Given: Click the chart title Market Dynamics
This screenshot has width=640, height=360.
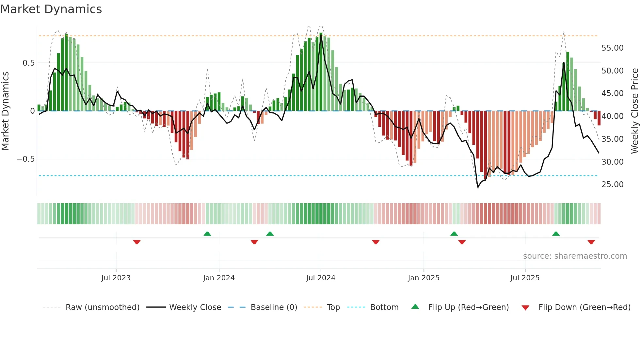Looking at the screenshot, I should pos(51,9).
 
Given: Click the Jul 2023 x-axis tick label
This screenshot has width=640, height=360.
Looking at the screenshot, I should pos(116,278).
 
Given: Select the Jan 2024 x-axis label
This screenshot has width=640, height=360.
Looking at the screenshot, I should pos(219,278).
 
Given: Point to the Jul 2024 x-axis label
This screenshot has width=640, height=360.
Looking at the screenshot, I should pos(321,278).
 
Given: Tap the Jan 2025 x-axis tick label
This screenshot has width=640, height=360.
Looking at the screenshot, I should pos(424,278).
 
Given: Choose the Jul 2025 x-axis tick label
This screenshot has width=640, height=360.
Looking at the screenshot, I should pos(525,278).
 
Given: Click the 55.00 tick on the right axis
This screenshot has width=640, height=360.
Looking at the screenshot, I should pos(612,48).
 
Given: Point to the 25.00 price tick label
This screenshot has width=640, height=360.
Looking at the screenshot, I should pos(612,185).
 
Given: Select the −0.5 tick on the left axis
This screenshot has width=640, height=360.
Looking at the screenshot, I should pos(25,159).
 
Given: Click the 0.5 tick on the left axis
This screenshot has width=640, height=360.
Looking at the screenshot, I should pos(28,63).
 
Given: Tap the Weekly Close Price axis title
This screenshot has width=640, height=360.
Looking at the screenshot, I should pos(634,111).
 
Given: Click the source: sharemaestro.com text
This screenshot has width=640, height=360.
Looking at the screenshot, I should pos(575,256).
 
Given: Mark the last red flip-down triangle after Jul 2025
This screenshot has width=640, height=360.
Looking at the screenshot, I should pos(591,242).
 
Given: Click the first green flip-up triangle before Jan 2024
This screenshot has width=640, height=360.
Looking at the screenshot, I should pos(207,234).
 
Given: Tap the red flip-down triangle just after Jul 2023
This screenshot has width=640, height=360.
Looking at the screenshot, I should pos(137,242).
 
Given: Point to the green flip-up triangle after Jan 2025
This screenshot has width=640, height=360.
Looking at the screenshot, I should pos(454,234).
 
